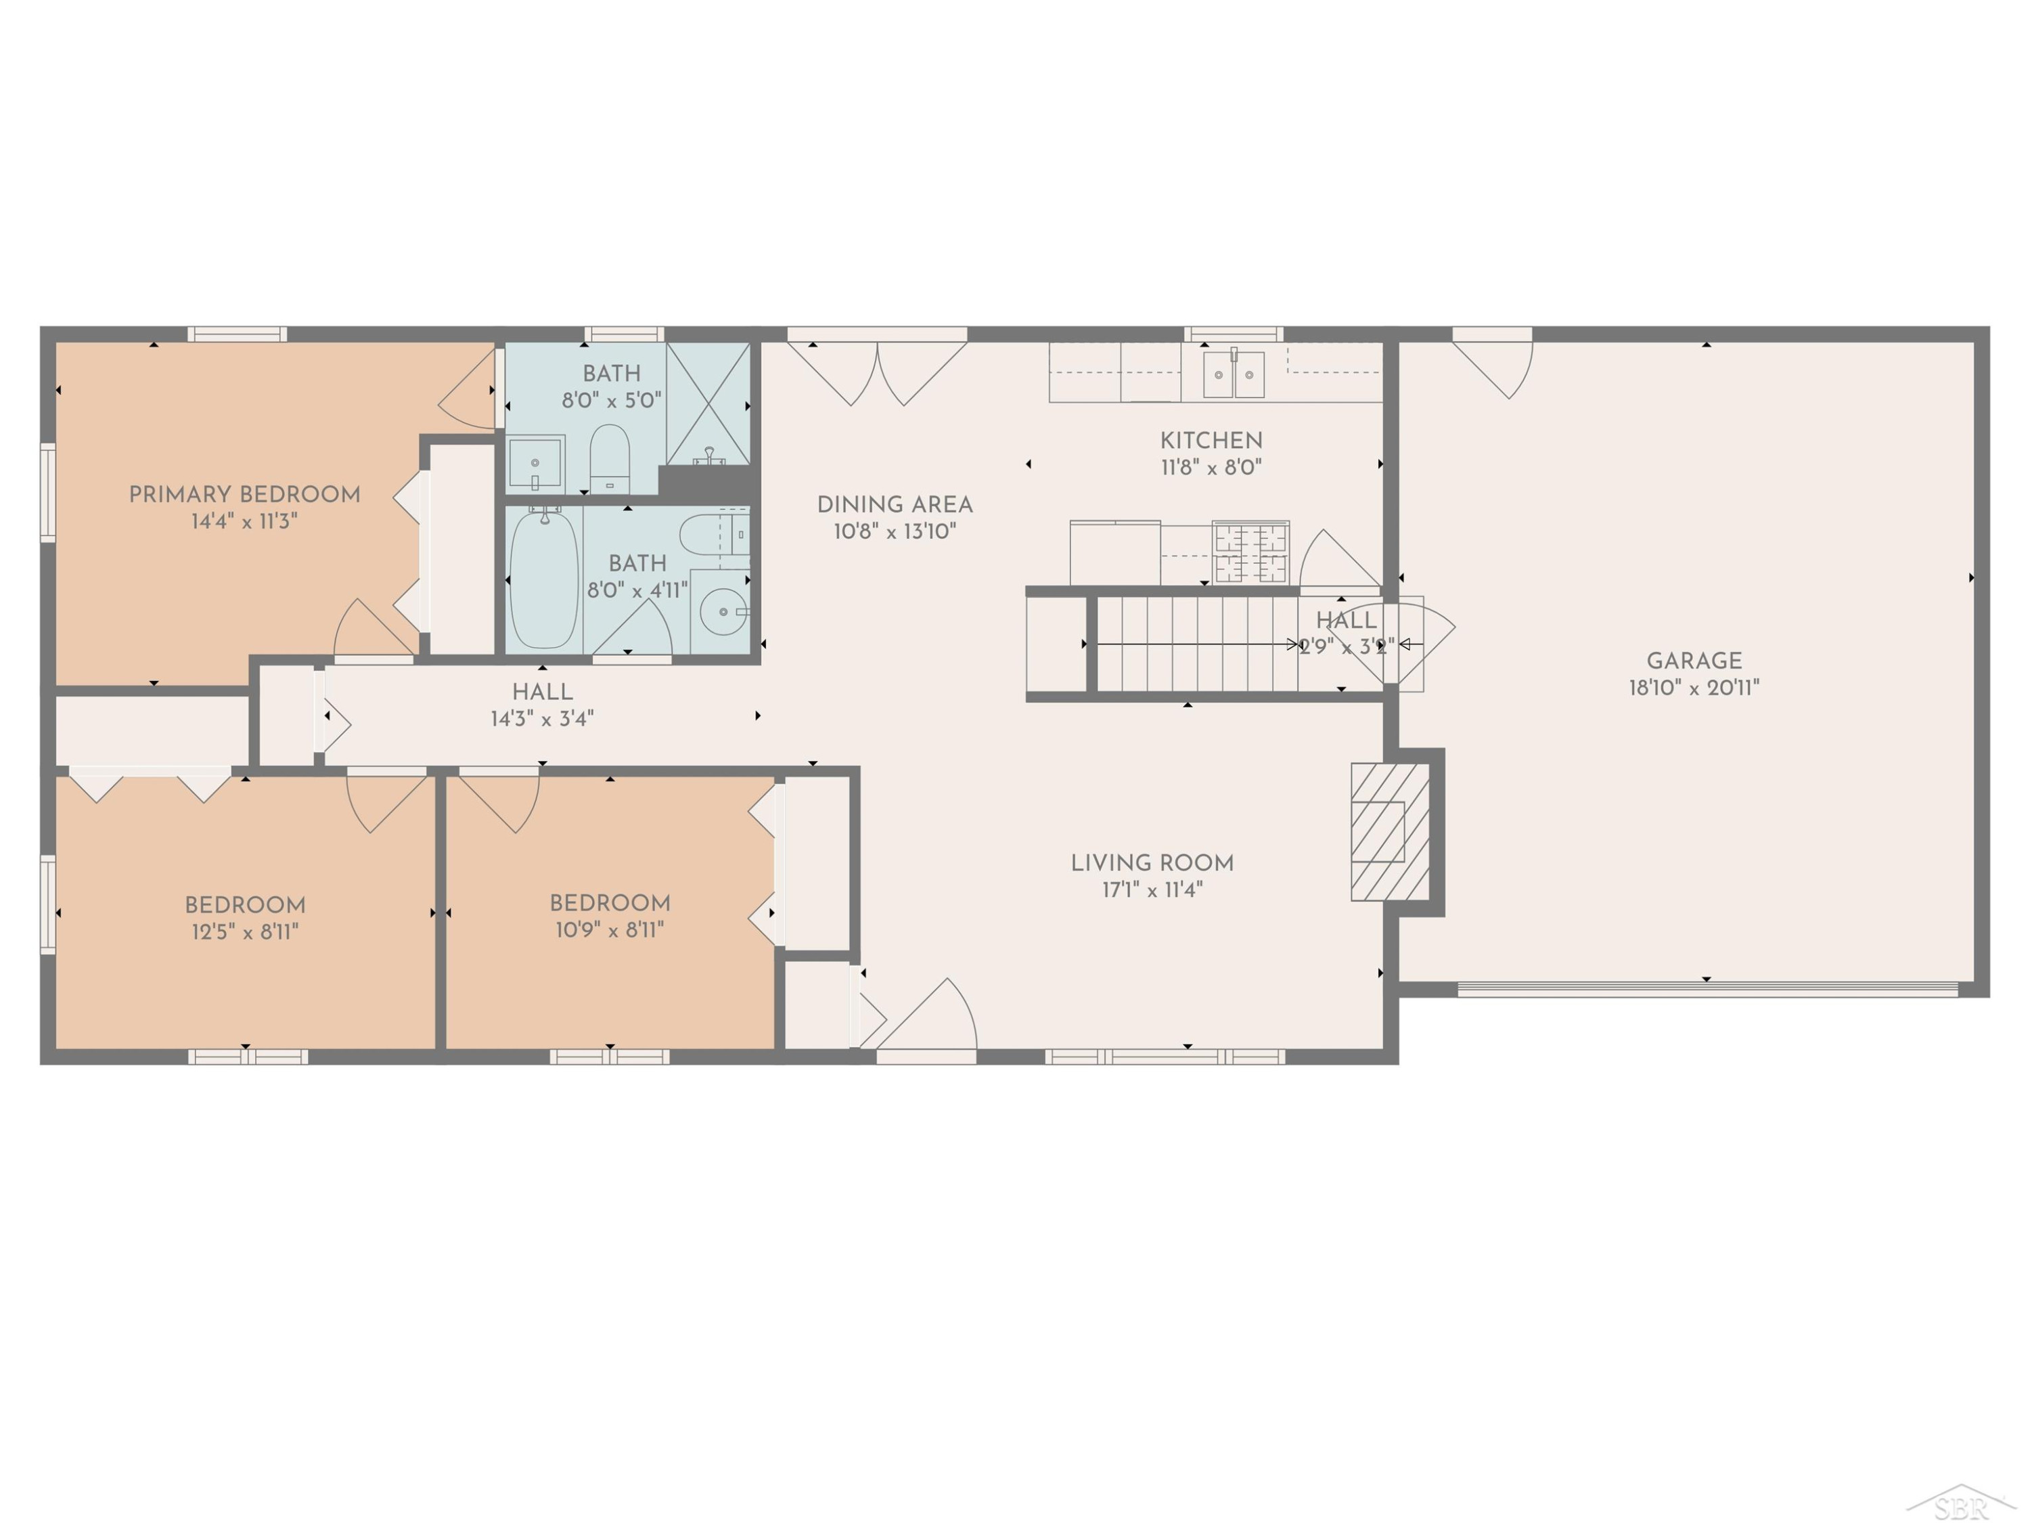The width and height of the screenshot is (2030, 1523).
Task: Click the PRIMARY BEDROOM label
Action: (244, 495)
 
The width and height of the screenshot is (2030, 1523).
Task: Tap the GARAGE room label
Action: (1694, 661)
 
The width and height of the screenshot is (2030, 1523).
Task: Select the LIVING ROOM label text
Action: (1152, 863)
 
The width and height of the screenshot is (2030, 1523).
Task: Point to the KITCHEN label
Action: (1211, 441)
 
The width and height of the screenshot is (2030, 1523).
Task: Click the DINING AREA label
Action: (895, 505)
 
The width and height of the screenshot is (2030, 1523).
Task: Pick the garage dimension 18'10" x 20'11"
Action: (1694, 688)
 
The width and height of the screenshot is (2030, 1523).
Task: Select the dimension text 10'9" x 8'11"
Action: (610, 930)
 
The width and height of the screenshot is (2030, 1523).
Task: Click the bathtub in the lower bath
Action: (544, 579)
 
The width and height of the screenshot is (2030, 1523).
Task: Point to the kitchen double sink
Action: (1234, 374)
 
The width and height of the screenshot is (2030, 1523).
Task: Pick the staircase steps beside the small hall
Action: (1197, 644)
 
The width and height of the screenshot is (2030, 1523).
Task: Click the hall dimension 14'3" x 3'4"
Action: (543, 719)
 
